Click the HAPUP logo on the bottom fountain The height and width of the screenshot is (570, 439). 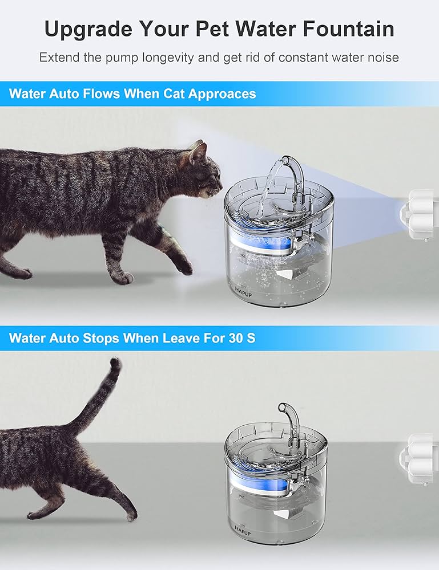point(242,528)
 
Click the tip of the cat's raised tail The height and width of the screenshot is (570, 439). point(116,363)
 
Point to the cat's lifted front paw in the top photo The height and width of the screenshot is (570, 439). point(184,266)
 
